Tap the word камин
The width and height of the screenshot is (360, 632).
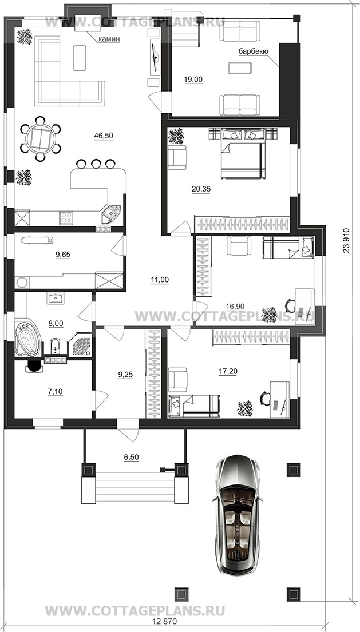click(x=108, y=39)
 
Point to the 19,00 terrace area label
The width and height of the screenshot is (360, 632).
click(x=193, y=80)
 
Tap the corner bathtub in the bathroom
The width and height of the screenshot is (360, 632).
click(x=28, y=338)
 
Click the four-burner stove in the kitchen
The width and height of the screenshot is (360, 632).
click(x=66, y=218)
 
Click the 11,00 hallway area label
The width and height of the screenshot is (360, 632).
click(x=160, y=279)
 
